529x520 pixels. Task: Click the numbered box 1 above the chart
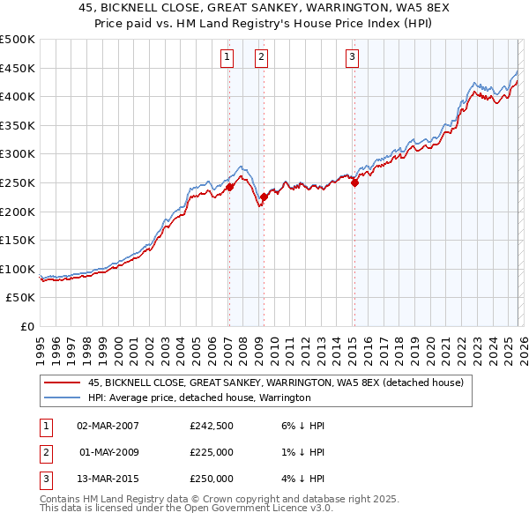(x=227, y=58)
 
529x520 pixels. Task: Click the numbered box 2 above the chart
(x=262, y=58)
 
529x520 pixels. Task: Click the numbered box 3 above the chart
(x=352, y=58)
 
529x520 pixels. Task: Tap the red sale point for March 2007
(x=229, y=187)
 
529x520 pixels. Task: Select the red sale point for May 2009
(x=264, y=197)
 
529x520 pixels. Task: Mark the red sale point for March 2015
(x=354, y=182)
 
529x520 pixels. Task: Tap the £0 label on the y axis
(x=26, y=326)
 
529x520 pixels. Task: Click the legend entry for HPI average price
(x=199, y=397)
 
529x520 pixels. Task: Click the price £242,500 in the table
(x=212, y=426)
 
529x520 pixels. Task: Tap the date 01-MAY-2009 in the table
(x=108, y=452)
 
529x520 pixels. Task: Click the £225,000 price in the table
(x=212, y=452)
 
